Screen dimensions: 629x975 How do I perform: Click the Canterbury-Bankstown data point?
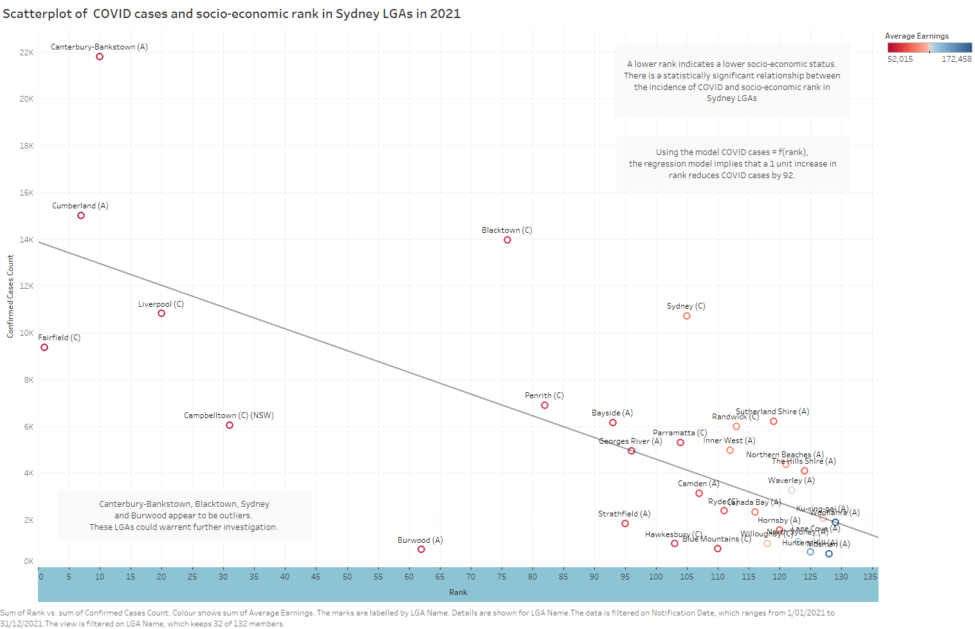point(100,57)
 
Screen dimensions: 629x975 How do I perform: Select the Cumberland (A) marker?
point(81,215)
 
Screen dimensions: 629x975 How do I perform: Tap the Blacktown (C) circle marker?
point(507,240)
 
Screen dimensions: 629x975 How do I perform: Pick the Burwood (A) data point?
point(421,549)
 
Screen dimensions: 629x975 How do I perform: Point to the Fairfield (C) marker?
point(44,347)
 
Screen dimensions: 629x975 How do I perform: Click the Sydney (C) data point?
point(687,316)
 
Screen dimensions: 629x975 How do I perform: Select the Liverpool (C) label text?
point(161,304)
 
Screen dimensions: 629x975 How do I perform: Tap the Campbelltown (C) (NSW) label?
point(229,415)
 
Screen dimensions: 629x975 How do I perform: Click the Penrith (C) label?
point(544,396)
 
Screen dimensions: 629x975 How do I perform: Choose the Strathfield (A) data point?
point(625,524)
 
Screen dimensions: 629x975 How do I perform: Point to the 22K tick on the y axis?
point(26,53)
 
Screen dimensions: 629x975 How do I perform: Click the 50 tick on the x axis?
point(347,577)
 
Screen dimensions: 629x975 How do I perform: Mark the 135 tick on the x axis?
point(870,577)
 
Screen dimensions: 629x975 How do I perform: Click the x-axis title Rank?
point(458,592)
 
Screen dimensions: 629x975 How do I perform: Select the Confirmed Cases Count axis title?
point(10,296)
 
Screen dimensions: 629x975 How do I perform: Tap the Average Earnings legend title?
point(916,36)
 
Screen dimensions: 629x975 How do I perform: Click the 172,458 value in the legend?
point(956,59)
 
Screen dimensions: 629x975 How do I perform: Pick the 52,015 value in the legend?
point(900,59)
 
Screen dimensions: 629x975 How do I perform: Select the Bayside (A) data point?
point(613,423)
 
